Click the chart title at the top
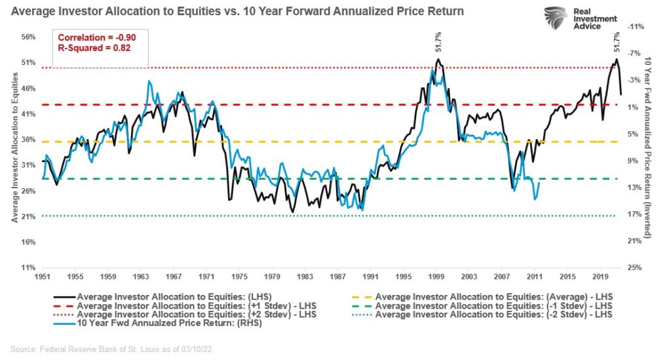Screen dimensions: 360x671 (x=237, y=11)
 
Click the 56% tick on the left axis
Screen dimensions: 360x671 (x=28, y=37)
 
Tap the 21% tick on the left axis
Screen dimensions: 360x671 (x=28, y=216)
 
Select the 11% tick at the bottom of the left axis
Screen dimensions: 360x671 (x=28, y=268)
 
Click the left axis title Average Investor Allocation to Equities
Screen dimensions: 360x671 (x=14, y=148)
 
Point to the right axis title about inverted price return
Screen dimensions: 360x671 (x=648, y=148)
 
